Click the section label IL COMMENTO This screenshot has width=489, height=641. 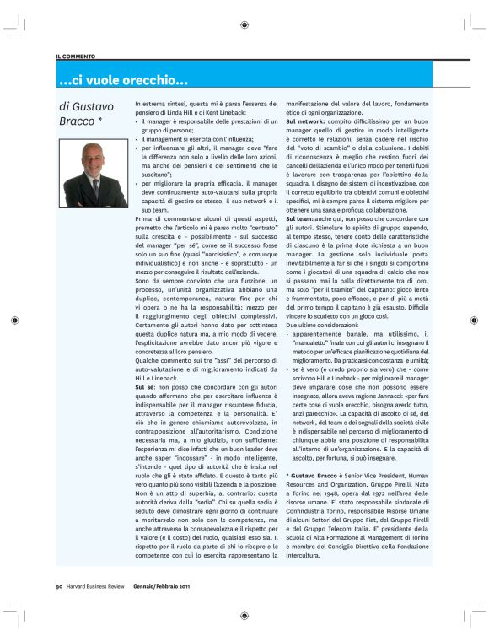coord(76,56)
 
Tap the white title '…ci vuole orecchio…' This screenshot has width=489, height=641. coord(123,81)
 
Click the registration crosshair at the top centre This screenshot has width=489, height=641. coord(244,24)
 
